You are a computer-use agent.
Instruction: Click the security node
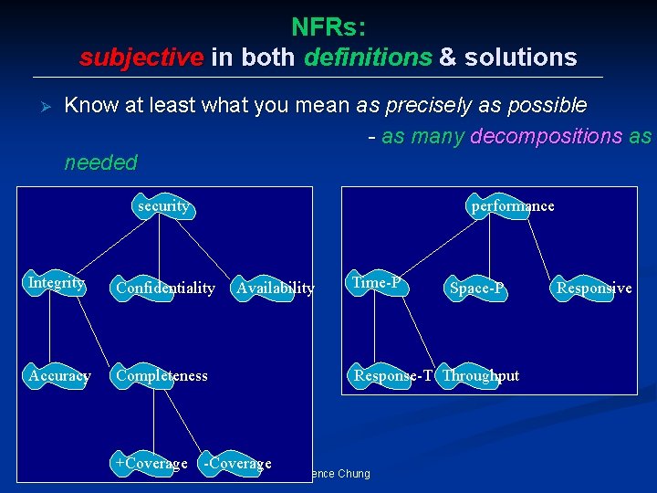(163, 206)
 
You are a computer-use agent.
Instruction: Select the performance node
(512, 206)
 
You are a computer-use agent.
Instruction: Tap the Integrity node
(57, 283)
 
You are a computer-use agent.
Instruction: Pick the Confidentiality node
(164, 288)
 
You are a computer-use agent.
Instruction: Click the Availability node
(275, 288)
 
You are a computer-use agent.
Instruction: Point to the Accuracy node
(59, 375)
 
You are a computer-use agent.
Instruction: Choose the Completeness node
(162, 375)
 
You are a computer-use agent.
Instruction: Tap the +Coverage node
(151, 463)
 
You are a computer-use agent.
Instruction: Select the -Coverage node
(236, 463)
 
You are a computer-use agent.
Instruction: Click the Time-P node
(377, 283)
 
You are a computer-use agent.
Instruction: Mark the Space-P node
(477, 288)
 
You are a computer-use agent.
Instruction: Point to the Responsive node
(594, 288)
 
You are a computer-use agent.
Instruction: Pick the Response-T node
(393, 375)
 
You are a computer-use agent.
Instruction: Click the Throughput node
(480, 375)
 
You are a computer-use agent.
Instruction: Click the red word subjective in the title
(141, 58)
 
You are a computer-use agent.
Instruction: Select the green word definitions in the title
(369, 58)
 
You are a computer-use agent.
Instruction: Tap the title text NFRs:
(328, 27)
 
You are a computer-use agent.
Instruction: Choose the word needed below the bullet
(100, 163)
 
